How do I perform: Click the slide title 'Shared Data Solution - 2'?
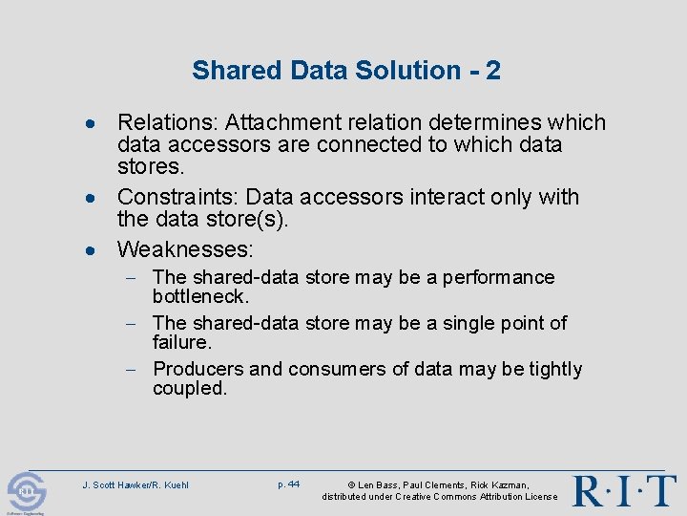coord(345,70)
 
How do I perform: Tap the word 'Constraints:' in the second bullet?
coord(177,197)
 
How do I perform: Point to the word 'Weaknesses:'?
coord(185,249)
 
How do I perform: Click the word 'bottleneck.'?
coord(200,296)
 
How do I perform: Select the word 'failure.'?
coord(181,342)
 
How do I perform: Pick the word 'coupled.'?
coord(190,388)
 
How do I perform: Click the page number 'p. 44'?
coord(288,484)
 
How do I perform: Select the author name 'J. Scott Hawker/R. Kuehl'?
coord(135,485)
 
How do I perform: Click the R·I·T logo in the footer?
coord(624,490)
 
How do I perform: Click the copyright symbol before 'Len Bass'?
coord(351,485)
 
